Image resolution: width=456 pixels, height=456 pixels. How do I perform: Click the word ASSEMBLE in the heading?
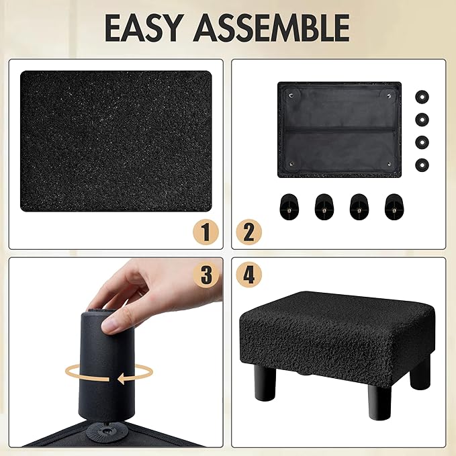click(x=271, y=28)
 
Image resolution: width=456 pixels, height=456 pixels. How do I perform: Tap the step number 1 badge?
click(x=206, y=232)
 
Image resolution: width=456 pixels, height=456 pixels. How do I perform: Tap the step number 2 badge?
click(x=248, y=232)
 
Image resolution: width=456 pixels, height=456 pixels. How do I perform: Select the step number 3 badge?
click(x=206, y=275)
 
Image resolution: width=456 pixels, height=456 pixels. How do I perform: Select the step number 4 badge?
click(x=248, y=275)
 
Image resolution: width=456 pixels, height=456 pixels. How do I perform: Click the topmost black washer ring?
click(x=422, y=97)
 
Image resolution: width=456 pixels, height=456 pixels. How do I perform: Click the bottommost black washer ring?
click(x=422, y=165)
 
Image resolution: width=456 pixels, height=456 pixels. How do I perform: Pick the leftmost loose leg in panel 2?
click(x=289, y=207)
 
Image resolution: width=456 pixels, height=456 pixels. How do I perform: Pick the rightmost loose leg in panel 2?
click(x=394, y=207)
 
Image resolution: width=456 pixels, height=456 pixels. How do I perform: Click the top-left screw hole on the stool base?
click(x=291, y=95)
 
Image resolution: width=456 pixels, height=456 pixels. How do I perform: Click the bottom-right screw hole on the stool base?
click(x=389, y=165)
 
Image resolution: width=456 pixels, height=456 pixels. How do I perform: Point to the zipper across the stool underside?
click(x=339, y=129)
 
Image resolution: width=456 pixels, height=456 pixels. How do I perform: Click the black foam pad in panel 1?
click(x=116, y=141)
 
